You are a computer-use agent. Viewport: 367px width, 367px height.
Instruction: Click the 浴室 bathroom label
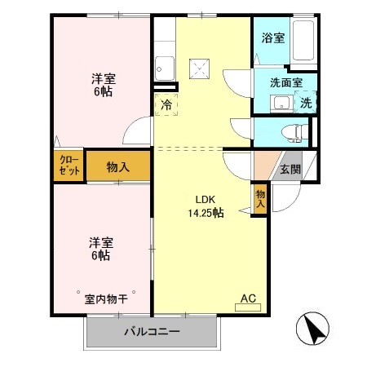(x=272, y=38)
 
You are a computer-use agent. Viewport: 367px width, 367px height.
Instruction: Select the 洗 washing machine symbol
(x=305, y=103)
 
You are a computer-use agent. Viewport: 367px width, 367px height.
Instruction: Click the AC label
(x=248, y=299)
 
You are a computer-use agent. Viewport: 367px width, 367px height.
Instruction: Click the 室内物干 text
(x=106, y=298)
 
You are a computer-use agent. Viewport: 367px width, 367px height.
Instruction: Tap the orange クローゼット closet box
(x=69, y=166)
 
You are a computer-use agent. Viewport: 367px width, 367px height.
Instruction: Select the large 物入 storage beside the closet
(x=117, y=166)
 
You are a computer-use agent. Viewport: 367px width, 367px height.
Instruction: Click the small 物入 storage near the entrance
(x=260, y=199)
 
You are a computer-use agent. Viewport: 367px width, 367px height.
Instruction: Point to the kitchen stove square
(x=199, y=68)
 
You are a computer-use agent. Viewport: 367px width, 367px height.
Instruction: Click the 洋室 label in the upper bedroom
(x=103, y=78)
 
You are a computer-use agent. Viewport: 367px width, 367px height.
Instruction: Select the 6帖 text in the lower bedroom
(x=101, y=255)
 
